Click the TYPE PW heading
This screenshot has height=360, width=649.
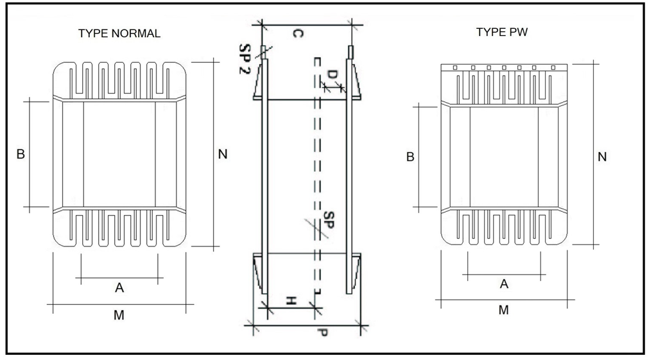pos(502,32)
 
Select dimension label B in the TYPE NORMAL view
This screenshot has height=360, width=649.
pos(21,154)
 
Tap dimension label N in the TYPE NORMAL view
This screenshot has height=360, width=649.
pos(223,154)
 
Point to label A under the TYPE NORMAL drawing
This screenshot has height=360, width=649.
pos(119,288)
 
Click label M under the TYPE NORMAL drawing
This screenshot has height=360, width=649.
pos(119,315)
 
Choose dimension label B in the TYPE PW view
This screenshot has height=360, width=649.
pos(410,157)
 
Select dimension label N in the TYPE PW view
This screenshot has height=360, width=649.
pos(602,157)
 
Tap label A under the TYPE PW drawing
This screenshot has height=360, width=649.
pos(504,284)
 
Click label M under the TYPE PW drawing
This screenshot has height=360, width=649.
pos(504,310)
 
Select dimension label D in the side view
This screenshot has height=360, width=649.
pos(331,75)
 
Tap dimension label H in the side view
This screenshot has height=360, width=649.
pos(291,301)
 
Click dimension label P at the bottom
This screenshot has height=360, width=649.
pos(322,334)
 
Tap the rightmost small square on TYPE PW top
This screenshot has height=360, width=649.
pos(553,67)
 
